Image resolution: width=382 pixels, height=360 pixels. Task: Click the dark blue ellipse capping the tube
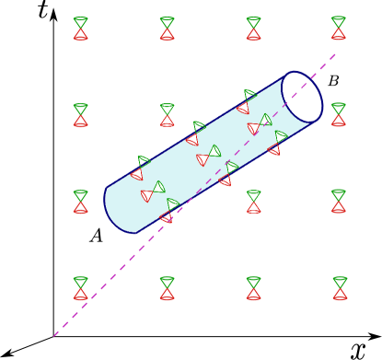pyautogui.click(x=302, y=97)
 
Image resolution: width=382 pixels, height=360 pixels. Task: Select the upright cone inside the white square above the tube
pyautogui.click(x=167, y=115)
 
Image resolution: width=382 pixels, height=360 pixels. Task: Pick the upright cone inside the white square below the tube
pyautogui.click(x=253, y=202)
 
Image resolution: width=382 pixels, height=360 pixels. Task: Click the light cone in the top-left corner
pyautogui.click(x=81, y=29)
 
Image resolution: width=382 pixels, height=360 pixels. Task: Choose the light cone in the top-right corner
pyautogui.click(x=339, y=29)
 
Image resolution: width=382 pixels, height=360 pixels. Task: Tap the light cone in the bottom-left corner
pyautogui.click(x=81, y=288)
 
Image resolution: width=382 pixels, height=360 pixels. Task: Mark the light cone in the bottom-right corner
pyautogui.click(x=340, y=288)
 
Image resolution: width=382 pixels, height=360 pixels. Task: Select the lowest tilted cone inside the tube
pyautogui.click(x=168, y=211)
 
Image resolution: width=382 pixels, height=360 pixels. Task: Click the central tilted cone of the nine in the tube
pyautogui.click(x=209, y=156)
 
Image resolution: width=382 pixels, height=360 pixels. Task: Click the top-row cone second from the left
pyautogui.click(x=167, y=29)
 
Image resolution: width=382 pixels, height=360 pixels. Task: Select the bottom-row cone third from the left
pyautogui.click(x=253, y=288)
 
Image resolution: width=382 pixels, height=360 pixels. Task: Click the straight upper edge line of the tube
pyautogui.click(x=193, y=133)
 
